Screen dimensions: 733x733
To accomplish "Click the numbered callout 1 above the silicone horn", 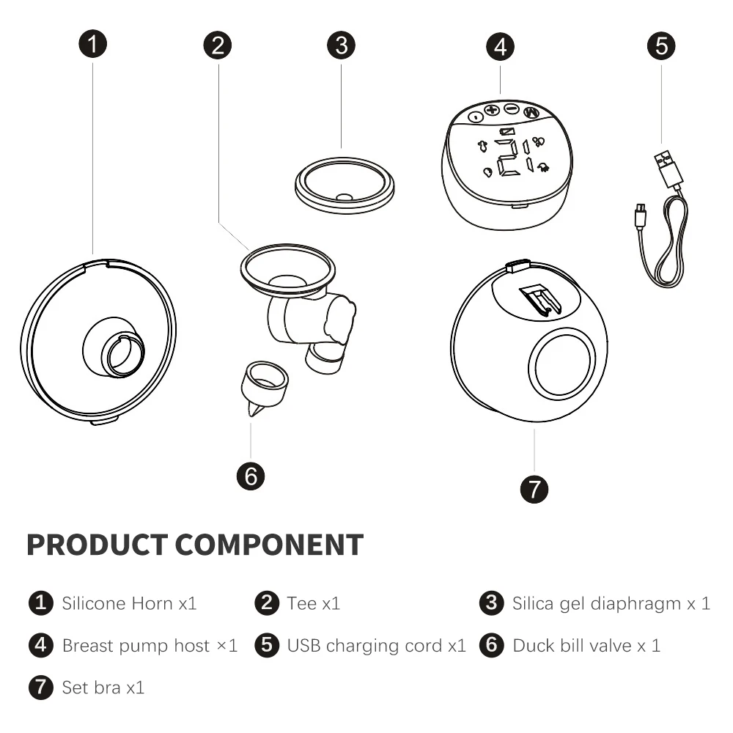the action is coord(92,44).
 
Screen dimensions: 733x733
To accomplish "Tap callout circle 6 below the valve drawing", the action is coord(251,476).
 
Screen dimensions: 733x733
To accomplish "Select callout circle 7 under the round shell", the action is coord(534,489).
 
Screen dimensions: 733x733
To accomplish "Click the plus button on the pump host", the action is coord(492,111).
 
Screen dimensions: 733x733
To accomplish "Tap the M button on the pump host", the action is coord(531,113).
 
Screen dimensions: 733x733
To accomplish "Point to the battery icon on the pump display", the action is coord(507,132).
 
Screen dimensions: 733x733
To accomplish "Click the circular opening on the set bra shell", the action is coord(562,362).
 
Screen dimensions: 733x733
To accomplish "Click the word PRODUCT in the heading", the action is coord(97,545).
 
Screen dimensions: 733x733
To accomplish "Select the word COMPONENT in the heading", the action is coord(269,545).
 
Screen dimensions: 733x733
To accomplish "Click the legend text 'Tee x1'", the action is coord(313,603).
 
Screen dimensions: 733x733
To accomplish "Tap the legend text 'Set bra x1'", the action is coord(103,688).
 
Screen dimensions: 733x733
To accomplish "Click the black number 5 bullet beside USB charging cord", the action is coord(267,645).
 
